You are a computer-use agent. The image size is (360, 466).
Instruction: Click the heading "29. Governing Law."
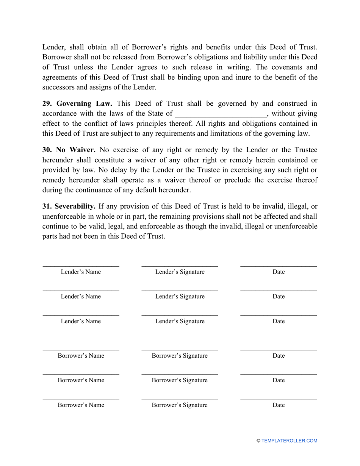pos(77,103)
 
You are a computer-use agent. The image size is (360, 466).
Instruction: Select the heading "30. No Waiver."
pos(69,150)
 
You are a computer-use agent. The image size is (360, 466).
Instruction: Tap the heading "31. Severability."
pos(69,206)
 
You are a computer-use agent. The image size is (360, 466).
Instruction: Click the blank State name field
pos(221,114)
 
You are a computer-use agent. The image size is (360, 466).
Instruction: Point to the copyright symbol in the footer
pos(258,441)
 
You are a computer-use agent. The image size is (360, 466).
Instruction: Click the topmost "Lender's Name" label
pos(81,272)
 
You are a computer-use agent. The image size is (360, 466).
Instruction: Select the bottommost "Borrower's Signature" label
pos(180,405)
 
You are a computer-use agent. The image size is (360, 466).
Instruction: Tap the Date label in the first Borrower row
pos(279,356)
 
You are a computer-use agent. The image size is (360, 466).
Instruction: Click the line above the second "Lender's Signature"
pos(180,291)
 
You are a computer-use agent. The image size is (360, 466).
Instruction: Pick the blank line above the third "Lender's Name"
pos(81,315)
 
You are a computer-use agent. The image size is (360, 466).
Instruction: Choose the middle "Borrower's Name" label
pos(81,380)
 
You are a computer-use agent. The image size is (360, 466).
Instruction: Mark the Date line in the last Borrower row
pos(279,399)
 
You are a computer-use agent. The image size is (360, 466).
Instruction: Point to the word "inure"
pos(235,77)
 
